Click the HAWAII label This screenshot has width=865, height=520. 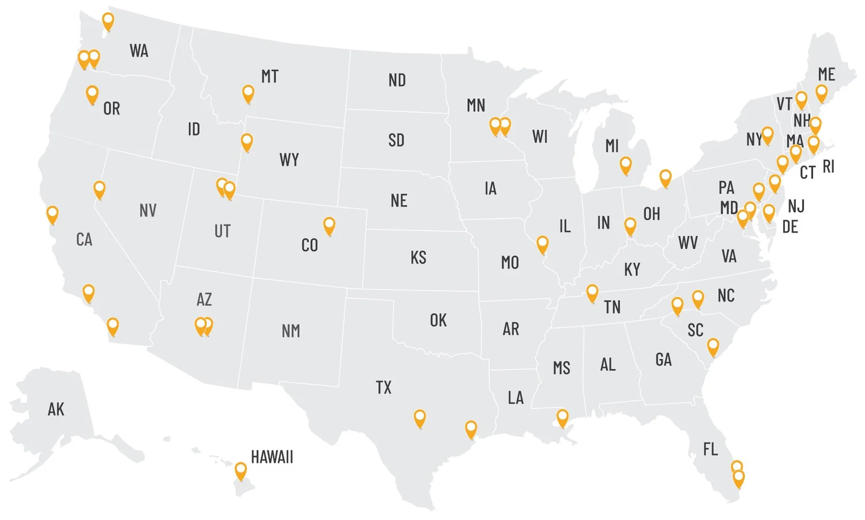tap(272, 457)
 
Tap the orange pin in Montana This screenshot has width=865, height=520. tap(248, 93)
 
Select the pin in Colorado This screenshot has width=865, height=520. tap(329, 225)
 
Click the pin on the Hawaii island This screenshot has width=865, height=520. tap(240, 470)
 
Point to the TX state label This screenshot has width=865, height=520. tap(383, 387)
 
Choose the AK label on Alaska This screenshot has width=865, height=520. tap(56, 409)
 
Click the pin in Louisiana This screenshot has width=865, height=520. tap(562, 417)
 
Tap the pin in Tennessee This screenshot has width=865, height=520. tap(592, 292)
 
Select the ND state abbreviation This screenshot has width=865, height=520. tap(397, 80)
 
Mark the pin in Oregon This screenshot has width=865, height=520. tap(92, 94)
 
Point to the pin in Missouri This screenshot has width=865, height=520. tap(542, 244)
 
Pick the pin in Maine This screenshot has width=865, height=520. tap(822, 92)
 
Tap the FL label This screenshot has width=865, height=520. tap(710, 449)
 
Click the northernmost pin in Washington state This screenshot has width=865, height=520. tap(108, 21)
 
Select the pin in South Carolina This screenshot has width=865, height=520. tap(713, 346)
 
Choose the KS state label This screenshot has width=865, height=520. tap(419, 257)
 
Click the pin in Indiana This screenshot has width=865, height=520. tap(630, 225)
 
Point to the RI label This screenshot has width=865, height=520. tap(828, 167)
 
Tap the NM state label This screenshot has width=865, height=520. tap(291, 331)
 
